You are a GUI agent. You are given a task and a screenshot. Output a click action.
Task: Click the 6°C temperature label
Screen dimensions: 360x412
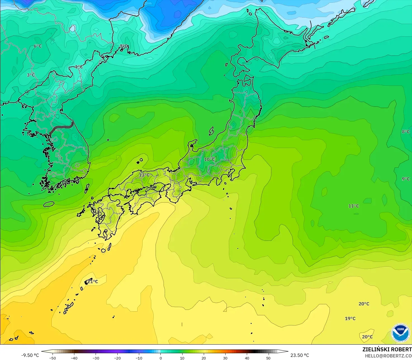pos(38,46)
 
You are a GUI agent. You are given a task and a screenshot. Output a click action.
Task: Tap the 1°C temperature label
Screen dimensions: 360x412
pos(79,67)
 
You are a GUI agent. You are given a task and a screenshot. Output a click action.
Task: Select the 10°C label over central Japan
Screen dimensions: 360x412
pos(209,159)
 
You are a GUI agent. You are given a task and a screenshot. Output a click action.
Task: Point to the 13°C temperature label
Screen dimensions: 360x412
pos(144,175)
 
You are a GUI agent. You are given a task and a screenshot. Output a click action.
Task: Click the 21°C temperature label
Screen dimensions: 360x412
pos(93,282)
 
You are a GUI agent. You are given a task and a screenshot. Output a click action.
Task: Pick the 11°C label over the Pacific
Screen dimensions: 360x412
pos(354,206)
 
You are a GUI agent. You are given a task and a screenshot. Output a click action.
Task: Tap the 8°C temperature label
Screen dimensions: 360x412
pos(406,132)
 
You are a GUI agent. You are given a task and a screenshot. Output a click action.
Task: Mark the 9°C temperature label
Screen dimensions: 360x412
pos(406,179)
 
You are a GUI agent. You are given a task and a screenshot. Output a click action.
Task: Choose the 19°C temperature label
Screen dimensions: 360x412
pos(350,319)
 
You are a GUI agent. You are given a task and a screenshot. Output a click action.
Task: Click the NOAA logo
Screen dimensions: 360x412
pos(400,333)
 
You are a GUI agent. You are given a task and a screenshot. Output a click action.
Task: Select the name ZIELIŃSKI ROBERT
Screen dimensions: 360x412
pos(387,350)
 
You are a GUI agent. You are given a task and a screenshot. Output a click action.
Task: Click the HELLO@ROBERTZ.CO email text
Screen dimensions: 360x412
pos(388,356)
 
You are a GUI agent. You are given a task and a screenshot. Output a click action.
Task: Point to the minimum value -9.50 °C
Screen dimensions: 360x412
pos(30,355)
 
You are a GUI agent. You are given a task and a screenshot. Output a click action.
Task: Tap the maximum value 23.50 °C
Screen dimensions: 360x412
pos(300,355)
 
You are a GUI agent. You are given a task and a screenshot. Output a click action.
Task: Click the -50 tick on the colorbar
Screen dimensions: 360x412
pos(53,358)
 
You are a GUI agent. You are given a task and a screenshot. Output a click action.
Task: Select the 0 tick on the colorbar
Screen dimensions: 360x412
pos(160,358)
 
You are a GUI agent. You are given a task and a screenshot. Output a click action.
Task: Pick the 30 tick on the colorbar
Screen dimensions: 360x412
pos(225,358)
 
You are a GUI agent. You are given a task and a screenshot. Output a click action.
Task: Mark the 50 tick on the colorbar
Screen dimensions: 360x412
pos(268,358)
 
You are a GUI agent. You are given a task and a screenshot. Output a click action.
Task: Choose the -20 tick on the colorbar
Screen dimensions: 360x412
pos(117,358)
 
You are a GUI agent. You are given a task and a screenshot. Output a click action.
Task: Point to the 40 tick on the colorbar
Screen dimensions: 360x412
pos(247,358)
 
